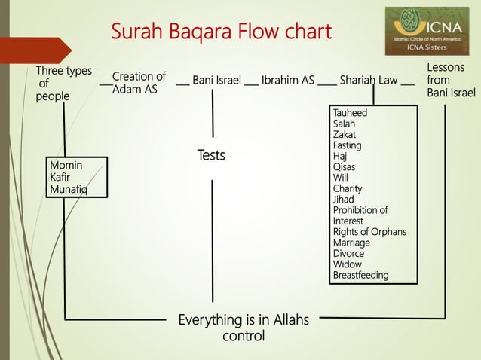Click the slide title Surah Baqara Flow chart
(221, 32)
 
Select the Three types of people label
(63, 84)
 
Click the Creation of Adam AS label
(139, 83)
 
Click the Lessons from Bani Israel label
(450, 80)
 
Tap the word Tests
(211, 155)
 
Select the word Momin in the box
(65, 164)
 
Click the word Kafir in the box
(60, 177)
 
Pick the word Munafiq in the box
(67, 190)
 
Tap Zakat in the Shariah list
(345, 134)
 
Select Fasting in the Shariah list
(347, 145)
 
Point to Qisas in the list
(345, 167)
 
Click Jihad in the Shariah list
(343, 200)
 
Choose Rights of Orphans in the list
(369, 232)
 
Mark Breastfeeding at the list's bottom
(360, 275)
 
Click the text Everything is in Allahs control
(243, 328)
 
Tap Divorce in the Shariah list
(348, 254)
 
